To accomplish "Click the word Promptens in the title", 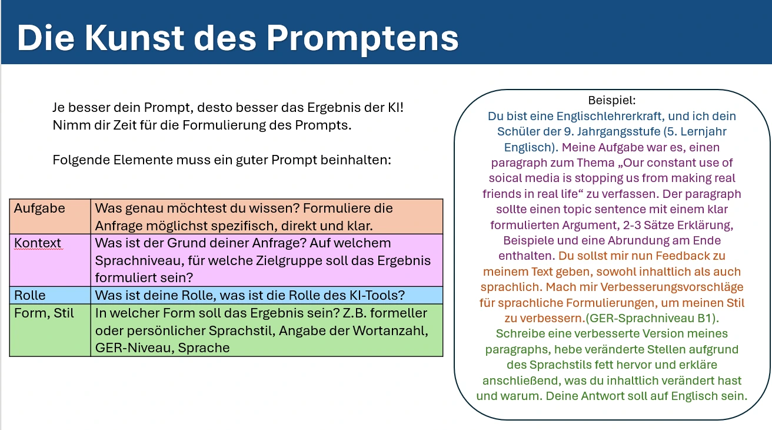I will coord(362,38).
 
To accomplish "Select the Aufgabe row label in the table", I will coord(39,209).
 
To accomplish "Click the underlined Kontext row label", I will coord(38,243).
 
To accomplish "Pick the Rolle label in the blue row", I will coord(30,296).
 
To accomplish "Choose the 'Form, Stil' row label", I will coord(44,313).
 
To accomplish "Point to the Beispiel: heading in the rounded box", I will coord(612,101).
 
